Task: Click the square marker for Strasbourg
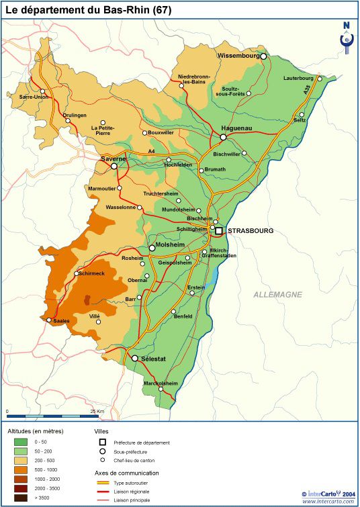coord(219,230)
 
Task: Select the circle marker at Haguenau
coord(224,137)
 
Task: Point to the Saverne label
coord(114,158)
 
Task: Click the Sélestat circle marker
coord(135,359)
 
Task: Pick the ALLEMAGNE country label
coord(277,295)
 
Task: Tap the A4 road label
coord(152,151)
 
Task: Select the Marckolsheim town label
coord(161,383)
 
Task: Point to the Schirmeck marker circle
coord(75,273)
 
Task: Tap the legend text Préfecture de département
coord(142,443)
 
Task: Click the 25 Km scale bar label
coord(96,411)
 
